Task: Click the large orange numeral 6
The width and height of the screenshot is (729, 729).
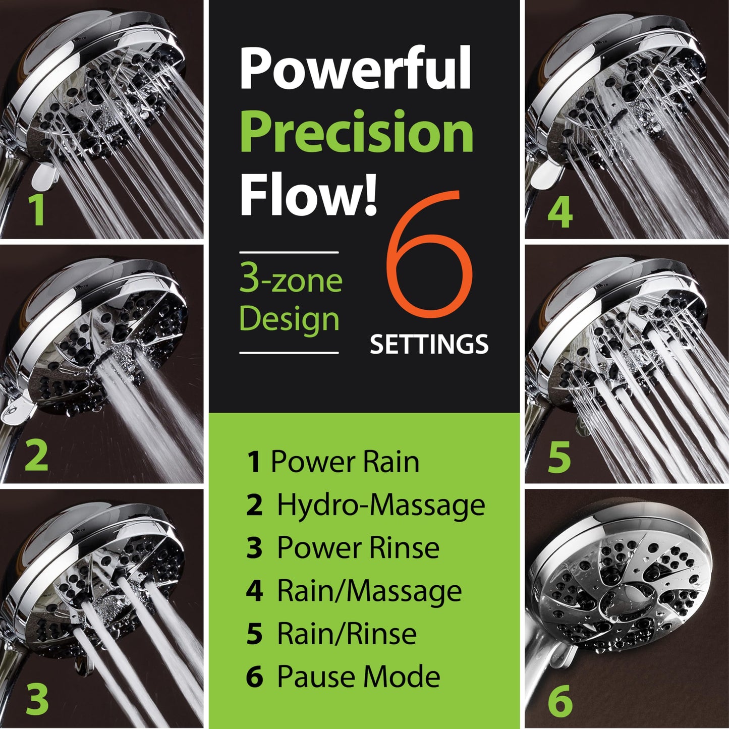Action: (429, 260)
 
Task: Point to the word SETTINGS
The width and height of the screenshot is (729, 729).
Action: (429, 345)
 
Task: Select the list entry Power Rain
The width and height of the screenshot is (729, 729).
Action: (333, 462)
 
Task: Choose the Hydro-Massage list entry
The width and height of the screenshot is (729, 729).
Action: (365, 505)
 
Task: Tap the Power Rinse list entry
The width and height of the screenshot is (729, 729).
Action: (343, 548)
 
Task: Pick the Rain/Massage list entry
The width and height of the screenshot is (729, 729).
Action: (354, 591)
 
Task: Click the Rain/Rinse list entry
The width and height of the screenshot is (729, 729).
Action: (331, 634)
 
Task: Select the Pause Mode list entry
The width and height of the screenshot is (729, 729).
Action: (343, 677)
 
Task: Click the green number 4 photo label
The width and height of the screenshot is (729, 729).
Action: (560, 211)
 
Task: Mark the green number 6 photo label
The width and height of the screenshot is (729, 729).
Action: (560, 700)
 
